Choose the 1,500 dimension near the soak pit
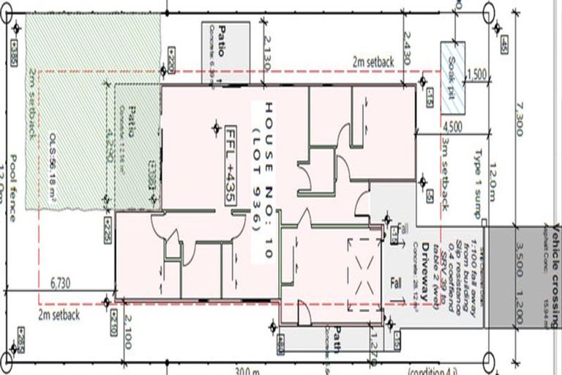(x=476, y=75)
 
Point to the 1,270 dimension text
(x=373, y=341)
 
